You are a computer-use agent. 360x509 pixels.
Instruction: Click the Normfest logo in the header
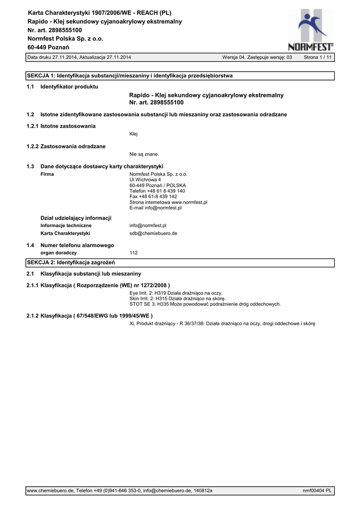(x=311, y=31)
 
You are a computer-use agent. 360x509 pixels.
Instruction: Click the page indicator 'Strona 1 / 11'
(x=318, y=58)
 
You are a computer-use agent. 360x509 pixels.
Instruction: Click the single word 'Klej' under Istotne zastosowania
(x=133, y=134)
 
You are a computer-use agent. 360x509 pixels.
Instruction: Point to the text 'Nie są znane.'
(x=144, y=154)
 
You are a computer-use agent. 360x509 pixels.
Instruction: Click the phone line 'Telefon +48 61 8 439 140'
(x=157, y=191)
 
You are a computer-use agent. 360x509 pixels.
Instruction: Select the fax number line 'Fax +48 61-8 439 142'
(x=153, y=196)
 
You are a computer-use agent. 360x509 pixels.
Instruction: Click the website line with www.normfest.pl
(x=168, y=202)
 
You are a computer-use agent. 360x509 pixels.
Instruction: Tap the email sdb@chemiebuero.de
(x=153, y=233)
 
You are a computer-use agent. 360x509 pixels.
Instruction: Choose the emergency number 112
(x=133, y=253)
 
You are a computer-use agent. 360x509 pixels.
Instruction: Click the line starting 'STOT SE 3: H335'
(x=205, y=304)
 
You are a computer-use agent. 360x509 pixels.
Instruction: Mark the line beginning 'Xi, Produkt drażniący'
(x=222, y=324)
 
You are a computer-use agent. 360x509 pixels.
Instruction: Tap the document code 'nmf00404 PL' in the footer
(x=317, y=491)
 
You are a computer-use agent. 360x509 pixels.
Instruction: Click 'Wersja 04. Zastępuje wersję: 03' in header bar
(x=257, y=58)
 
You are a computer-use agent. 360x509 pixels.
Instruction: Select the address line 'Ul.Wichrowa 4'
(x=145, y=179)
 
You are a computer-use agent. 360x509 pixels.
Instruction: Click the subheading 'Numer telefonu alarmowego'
(x=77, y=245)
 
